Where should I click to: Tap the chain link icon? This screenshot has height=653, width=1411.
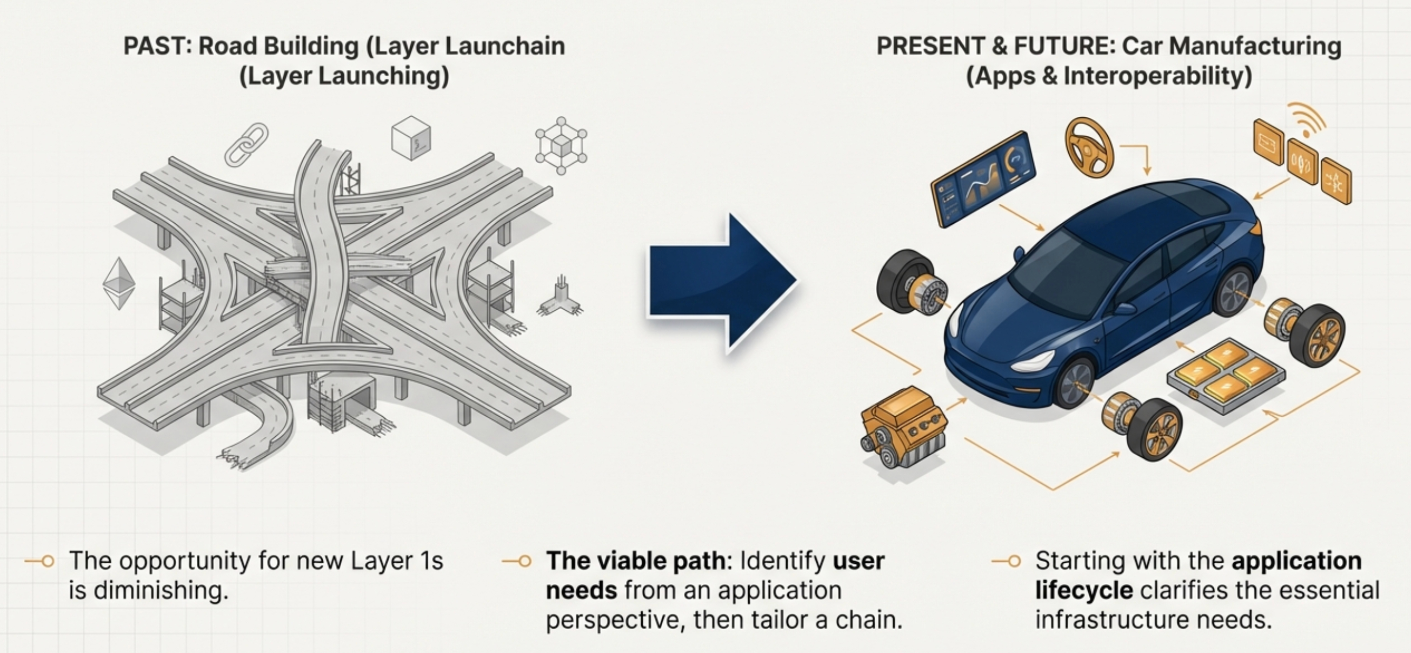[x=247, y=144]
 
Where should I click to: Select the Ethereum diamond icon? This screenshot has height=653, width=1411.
[x=119, y=283]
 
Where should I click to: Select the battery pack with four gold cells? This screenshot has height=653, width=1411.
[x=1227, y=372]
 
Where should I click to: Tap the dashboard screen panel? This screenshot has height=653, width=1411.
[x=984, y=178]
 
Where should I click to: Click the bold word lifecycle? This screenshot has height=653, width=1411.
[x=1083, y=590]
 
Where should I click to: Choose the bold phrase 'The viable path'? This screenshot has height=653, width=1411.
[x=635, y=561]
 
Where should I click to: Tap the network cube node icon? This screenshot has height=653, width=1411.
[x=561, y=146]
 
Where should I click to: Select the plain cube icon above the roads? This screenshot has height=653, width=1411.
[x=411, y=137]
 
